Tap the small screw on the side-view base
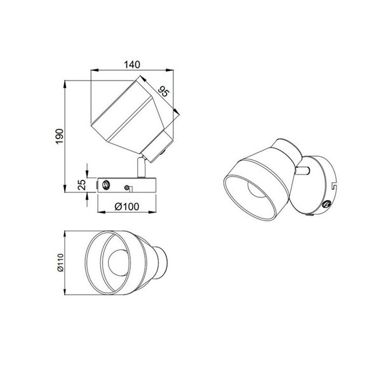pyautogui.click(x=129, y=187)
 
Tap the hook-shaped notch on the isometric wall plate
pyautogui.click(x=335, y=185)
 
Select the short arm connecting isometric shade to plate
pyautogui.click(x=305, y=170)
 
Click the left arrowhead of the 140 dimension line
pyautogui.click(x=92, y=71)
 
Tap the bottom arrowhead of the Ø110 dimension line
pyautogui.click(x=67, y=291)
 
